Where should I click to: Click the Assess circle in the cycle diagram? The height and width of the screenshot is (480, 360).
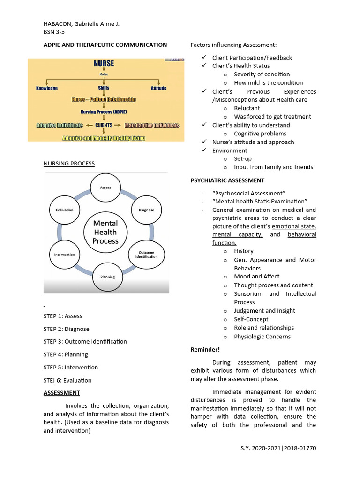[105, 187]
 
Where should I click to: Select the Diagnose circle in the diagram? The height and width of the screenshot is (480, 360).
[146, 210]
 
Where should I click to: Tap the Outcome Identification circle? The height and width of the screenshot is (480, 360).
[146, 254]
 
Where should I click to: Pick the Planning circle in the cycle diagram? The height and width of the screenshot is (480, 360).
[107, 277]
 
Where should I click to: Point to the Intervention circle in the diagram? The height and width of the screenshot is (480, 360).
[65, 255]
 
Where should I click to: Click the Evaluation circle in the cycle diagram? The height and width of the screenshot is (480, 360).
[65, 210]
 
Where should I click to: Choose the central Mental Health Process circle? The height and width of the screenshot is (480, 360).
[105, 232]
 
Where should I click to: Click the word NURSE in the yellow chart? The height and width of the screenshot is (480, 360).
[104, 64]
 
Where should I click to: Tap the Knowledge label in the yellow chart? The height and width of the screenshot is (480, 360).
[47, 88]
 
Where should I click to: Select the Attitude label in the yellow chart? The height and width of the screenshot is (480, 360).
[158, 88]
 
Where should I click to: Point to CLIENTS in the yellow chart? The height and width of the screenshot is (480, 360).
[104, 125]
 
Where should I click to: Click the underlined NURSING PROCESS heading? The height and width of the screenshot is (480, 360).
[69, 164]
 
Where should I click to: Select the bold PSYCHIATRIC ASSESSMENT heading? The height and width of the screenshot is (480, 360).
[227, 180]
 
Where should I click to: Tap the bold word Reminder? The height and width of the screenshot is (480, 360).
[205, 350]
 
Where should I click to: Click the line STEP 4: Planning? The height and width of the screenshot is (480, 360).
[66, 354]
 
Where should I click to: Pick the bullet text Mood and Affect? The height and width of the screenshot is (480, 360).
[257, 277]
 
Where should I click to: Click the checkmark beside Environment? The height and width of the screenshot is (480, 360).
[204, 150]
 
